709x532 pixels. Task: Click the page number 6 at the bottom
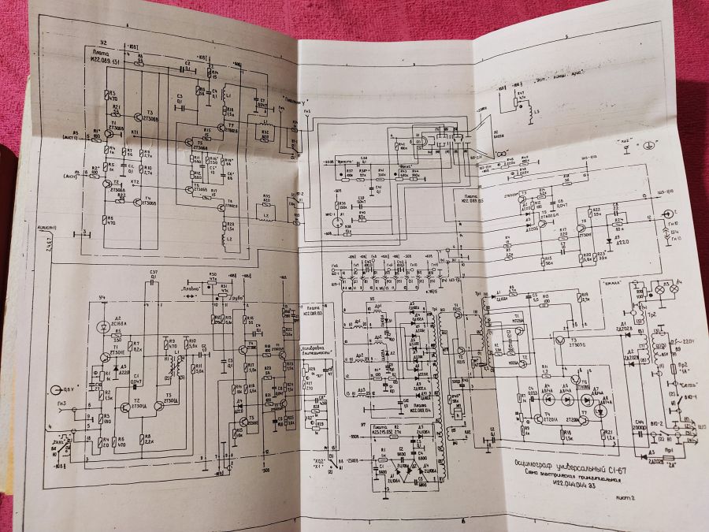463,520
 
